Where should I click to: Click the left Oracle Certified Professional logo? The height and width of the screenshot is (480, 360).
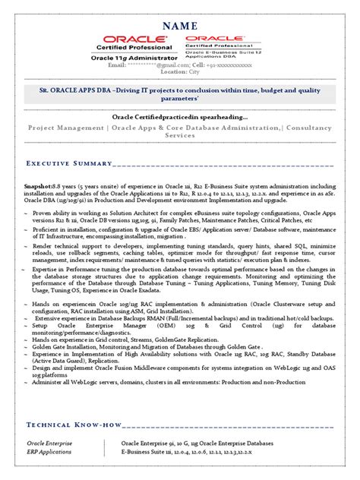click(x=138, y=43)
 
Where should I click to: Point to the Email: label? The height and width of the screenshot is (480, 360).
click(x=117, y=65)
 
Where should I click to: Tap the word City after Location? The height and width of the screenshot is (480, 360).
click(x=194, y=72)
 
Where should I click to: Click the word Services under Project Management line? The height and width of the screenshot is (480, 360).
click(x=180, y=136)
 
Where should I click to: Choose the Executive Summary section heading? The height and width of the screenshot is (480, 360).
click(x=68, y=164)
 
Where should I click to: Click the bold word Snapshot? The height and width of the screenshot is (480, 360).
click(x=39, y=185)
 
